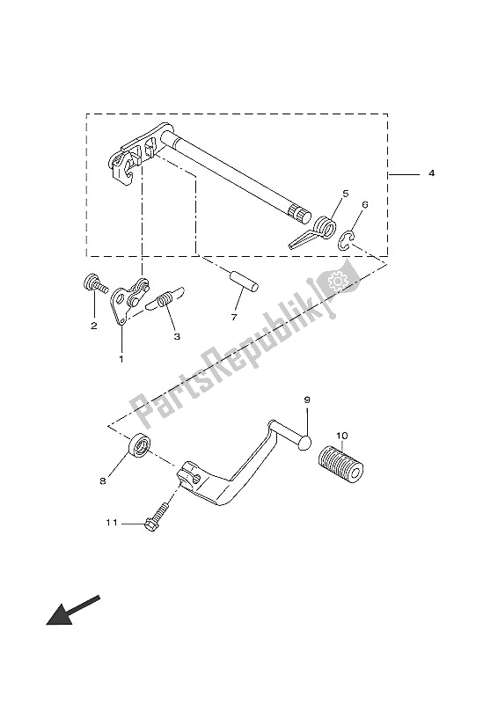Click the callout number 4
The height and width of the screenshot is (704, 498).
click(x=431, y=172)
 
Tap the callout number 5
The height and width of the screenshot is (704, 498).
click(x=345, y=194)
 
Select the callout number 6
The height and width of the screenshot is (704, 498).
click(x=364, y=205)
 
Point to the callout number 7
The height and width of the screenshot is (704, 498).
click(x=233, y=318)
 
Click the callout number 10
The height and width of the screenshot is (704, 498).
click(x=341, y=436)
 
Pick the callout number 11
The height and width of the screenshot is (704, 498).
click(x=112, y=523)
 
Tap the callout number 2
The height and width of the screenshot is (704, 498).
click(x=94, y=326)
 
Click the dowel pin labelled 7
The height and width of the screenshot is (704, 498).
click(x=245, y=282)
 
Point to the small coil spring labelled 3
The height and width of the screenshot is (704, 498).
click(x=165, y=297)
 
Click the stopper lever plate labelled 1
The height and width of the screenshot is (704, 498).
click(x=128, y=299)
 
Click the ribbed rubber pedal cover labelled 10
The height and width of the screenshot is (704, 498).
click(x=341, y=464)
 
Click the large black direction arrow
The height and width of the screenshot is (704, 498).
click(x=73, y=610)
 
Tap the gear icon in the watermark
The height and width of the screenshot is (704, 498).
click(x=337, y=281)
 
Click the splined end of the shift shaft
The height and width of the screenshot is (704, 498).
click(x=300, y=212)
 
